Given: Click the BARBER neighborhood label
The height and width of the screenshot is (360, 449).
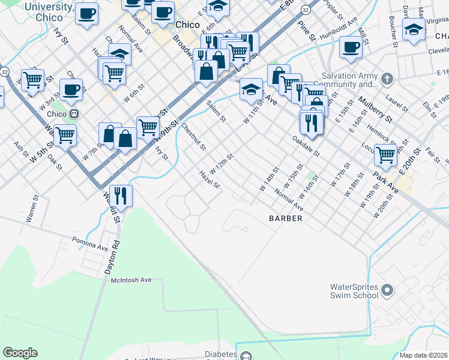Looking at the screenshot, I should [x=285, y=218].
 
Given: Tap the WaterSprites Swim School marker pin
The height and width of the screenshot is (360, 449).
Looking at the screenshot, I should [x=387, y=291].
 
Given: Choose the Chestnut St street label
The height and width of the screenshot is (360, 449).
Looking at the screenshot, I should [x=193, y=137].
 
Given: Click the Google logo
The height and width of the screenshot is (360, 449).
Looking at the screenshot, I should [x=20, y=353].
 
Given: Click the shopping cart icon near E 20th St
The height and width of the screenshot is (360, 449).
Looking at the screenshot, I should [x=385, y=155].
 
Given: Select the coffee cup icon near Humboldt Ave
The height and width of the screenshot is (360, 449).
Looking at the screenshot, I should [x=351, y=47].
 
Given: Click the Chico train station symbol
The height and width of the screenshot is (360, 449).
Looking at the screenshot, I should [x=74, y=114].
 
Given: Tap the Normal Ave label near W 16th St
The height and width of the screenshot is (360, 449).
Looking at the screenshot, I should [x=289, y=200].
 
